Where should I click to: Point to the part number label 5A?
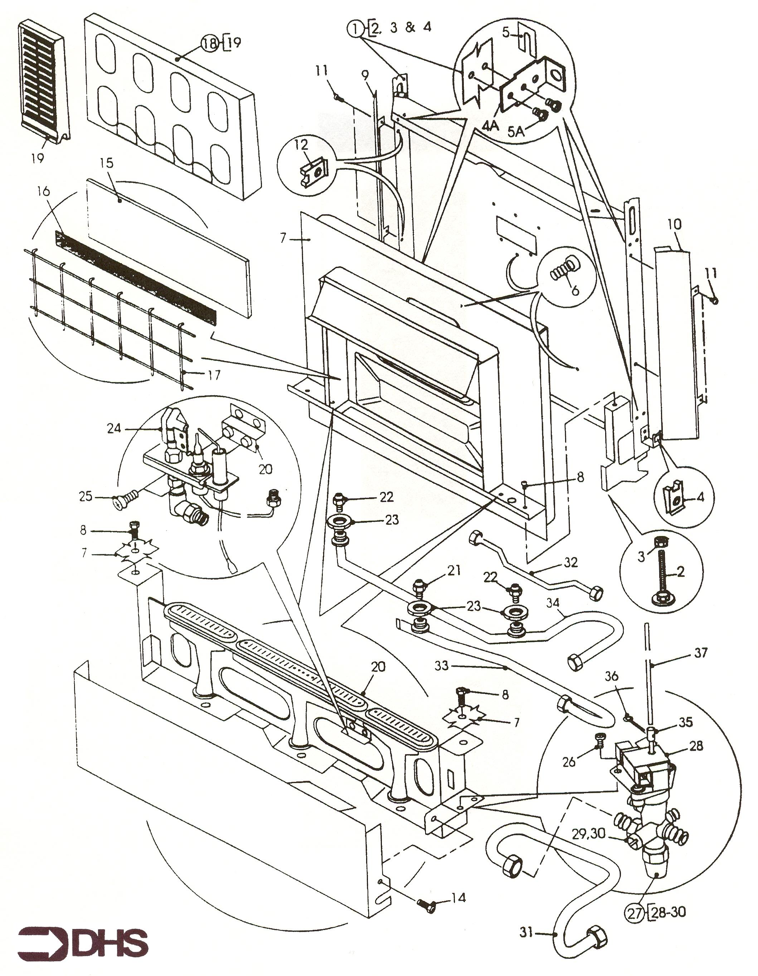pos(516,132)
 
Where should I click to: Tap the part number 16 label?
pos(43,192)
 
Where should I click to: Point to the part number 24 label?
pos(114,428)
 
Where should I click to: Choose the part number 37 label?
pos(701,653)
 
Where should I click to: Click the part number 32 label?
pos(571,562)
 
